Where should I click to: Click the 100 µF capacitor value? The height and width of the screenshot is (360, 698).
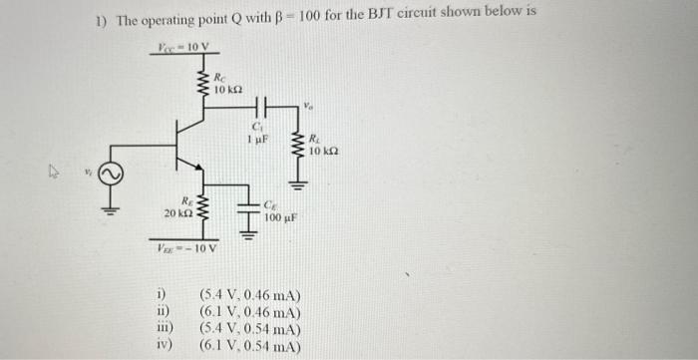point(280,216)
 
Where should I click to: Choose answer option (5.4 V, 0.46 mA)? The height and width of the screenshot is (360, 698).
point(250,298)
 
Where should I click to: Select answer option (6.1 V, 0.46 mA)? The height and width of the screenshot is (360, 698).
point(250,313)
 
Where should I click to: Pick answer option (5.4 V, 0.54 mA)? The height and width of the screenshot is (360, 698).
point(250,329)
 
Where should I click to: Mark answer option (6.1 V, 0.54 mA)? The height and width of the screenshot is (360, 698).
point(250,345)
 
